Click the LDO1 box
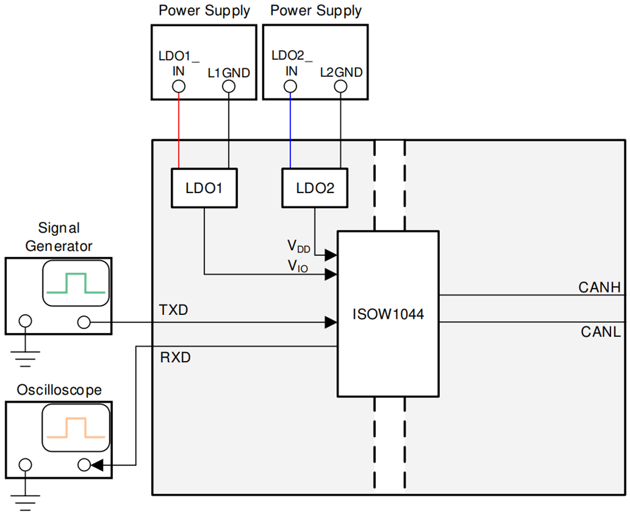coord(204,188)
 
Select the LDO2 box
coord(315,188)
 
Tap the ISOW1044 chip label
coord(388,314)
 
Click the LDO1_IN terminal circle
coord(179,86)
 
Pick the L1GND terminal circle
coord(229,86)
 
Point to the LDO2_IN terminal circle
coord(290,86)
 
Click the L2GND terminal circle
coord(341,86)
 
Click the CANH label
coord(599,287)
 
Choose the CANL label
coord(600,331)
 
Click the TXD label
coord(173,310)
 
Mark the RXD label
coord(175,358)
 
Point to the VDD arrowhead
coord(331,254)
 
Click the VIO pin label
coord(298,266)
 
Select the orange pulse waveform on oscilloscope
coord(76,427)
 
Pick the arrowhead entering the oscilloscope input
coord(97,465)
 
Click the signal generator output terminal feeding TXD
coord(84,322)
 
